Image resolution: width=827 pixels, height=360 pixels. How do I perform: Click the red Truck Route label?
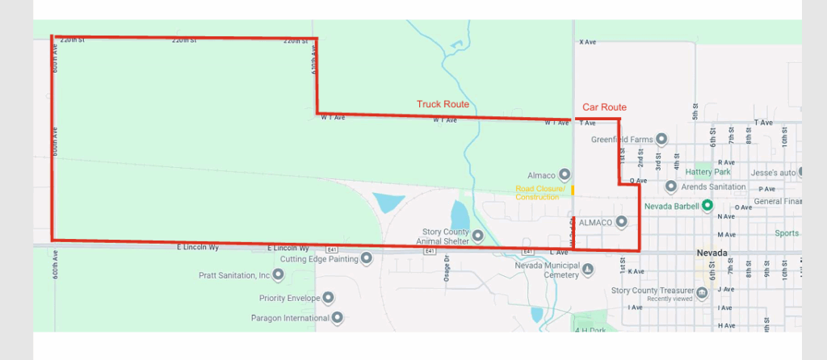[x=443, y=104]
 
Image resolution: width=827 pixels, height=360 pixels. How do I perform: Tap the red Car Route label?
[x=604, y=107]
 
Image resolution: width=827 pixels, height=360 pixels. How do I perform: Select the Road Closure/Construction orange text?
[x=537, y=193]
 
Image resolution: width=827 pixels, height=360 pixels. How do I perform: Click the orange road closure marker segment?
[x=573, y=190]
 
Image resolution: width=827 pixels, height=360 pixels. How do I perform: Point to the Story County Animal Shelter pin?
[x=477, y=236]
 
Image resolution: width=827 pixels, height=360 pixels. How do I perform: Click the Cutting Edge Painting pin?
[x=366, y=259]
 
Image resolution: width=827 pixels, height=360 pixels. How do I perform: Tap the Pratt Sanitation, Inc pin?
[x=279, y=274]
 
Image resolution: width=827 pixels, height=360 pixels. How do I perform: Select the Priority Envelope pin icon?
[x=328, y=298]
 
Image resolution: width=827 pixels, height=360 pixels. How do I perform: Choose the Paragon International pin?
[x=338, y=317]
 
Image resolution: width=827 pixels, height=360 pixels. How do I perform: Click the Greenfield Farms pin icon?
[x=661, y=139]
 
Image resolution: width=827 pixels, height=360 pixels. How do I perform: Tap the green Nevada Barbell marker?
[x=707, y=205]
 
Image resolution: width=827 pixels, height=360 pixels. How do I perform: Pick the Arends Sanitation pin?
[x=670, y=186]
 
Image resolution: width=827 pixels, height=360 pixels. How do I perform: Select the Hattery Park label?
[x=707, y=172]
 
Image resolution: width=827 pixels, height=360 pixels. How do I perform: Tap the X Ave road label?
[x=587, y=41]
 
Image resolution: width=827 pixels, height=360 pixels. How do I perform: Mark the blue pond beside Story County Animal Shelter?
[x=459, y=215]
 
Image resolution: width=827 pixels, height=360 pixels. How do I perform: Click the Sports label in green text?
[x=786, y=233]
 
